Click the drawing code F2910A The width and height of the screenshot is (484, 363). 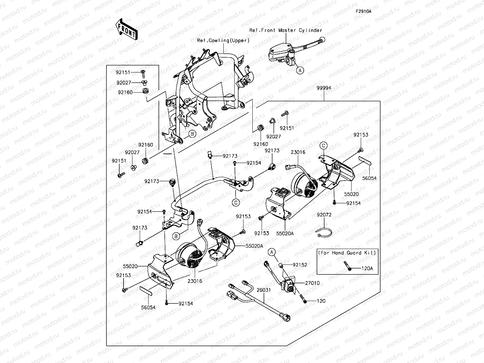tap(363, 11)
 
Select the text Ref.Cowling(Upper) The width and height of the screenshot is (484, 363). tap(223, 41)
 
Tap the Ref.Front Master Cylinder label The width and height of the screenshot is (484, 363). tap(286, 30)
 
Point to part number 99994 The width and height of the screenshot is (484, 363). tap(324, 88)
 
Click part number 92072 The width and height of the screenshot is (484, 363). tap(324, 215)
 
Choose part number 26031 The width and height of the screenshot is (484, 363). tap(264, 290)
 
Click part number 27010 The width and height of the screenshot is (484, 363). tap(312, 283)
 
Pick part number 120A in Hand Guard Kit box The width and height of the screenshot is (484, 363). tap(367, 268)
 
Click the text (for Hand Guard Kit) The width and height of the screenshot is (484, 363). tap(347, 253)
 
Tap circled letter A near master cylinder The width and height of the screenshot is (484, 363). tap(299, 70)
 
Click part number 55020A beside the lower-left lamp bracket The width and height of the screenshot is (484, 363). tap(254, 246)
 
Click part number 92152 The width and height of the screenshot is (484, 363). tap(300, 265)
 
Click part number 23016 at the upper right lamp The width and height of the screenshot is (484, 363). tap(298, 152)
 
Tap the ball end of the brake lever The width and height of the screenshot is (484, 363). tap(323, 40)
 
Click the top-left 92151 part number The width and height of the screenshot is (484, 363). tap(123, 72)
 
